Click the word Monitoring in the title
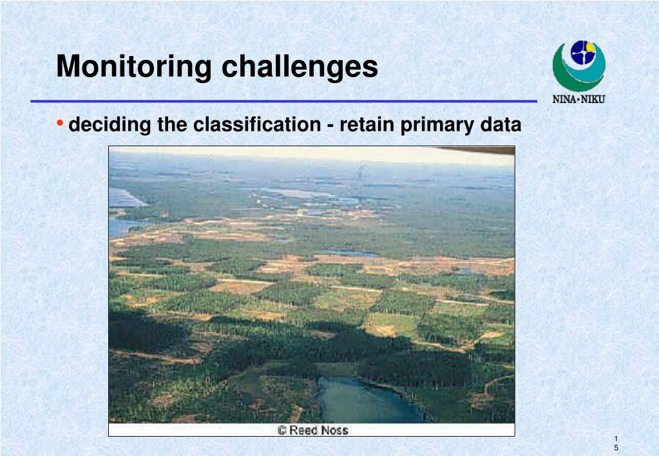(134, 67)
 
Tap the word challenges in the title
(300, 67)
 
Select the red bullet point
(60, 123)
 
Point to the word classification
(257, 124)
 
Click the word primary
(437, 125)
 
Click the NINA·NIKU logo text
(578, 99)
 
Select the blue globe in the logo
(583, 53)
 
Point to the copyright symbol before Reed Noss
(282, 430)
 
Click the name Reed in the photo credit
(303, 430)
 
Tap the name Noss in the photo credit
(334, 430)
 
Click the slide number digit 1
(616, 439)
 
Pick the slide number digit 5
(616, 448)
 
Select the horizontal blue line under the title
(283, 101)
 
